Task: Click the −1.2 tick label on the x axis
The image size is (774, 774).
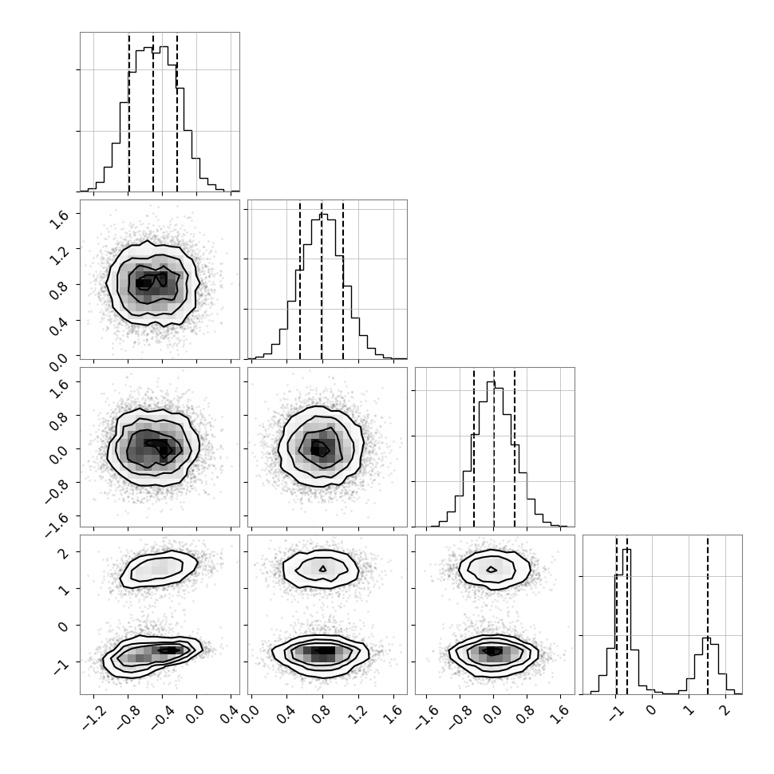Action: pos(94,720)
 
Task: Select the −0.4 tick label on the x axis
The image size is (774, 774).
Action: pos(163,720)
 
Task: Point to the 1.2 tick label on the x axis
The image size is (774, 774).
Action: pos(361,717)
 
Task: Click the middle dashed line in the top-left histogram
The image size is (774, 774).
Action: pos(153,113)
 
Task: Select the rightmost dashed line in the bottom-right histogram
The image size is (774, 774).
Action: pos(707,614)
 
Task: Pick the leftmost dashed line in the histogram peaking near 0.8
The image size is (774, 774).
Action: pos(300,280)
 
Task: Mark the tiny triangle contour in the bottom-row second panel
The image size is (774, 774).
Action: pos(323,569)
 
